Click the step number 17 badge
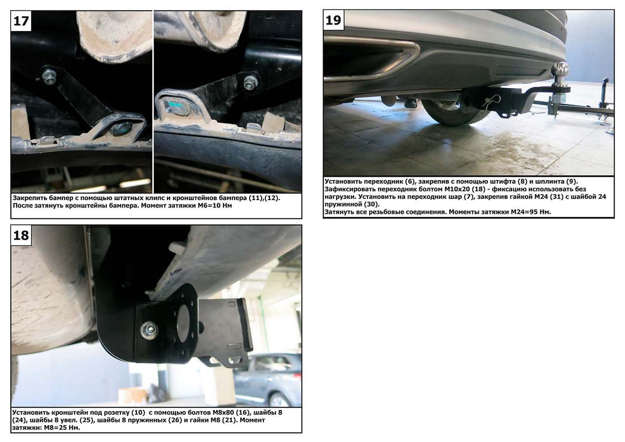[21, 21]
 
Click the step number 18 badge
[21, 235]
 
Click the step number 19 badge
[333, 20]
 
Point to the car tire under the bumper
[452, 112]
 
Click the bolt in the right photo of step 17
[250, 83]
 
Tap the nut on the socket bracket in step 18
[149, 330]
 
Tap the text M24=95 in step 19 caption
[525, 212]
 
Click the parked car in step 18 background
[267, 380]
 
